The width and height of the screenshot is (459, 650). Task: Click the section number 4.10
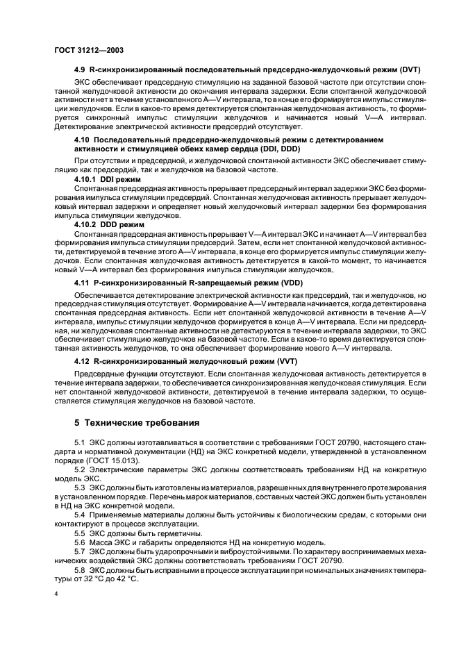[83, 141]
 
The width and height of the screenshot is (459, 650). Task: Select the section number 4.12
[83, 362]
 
